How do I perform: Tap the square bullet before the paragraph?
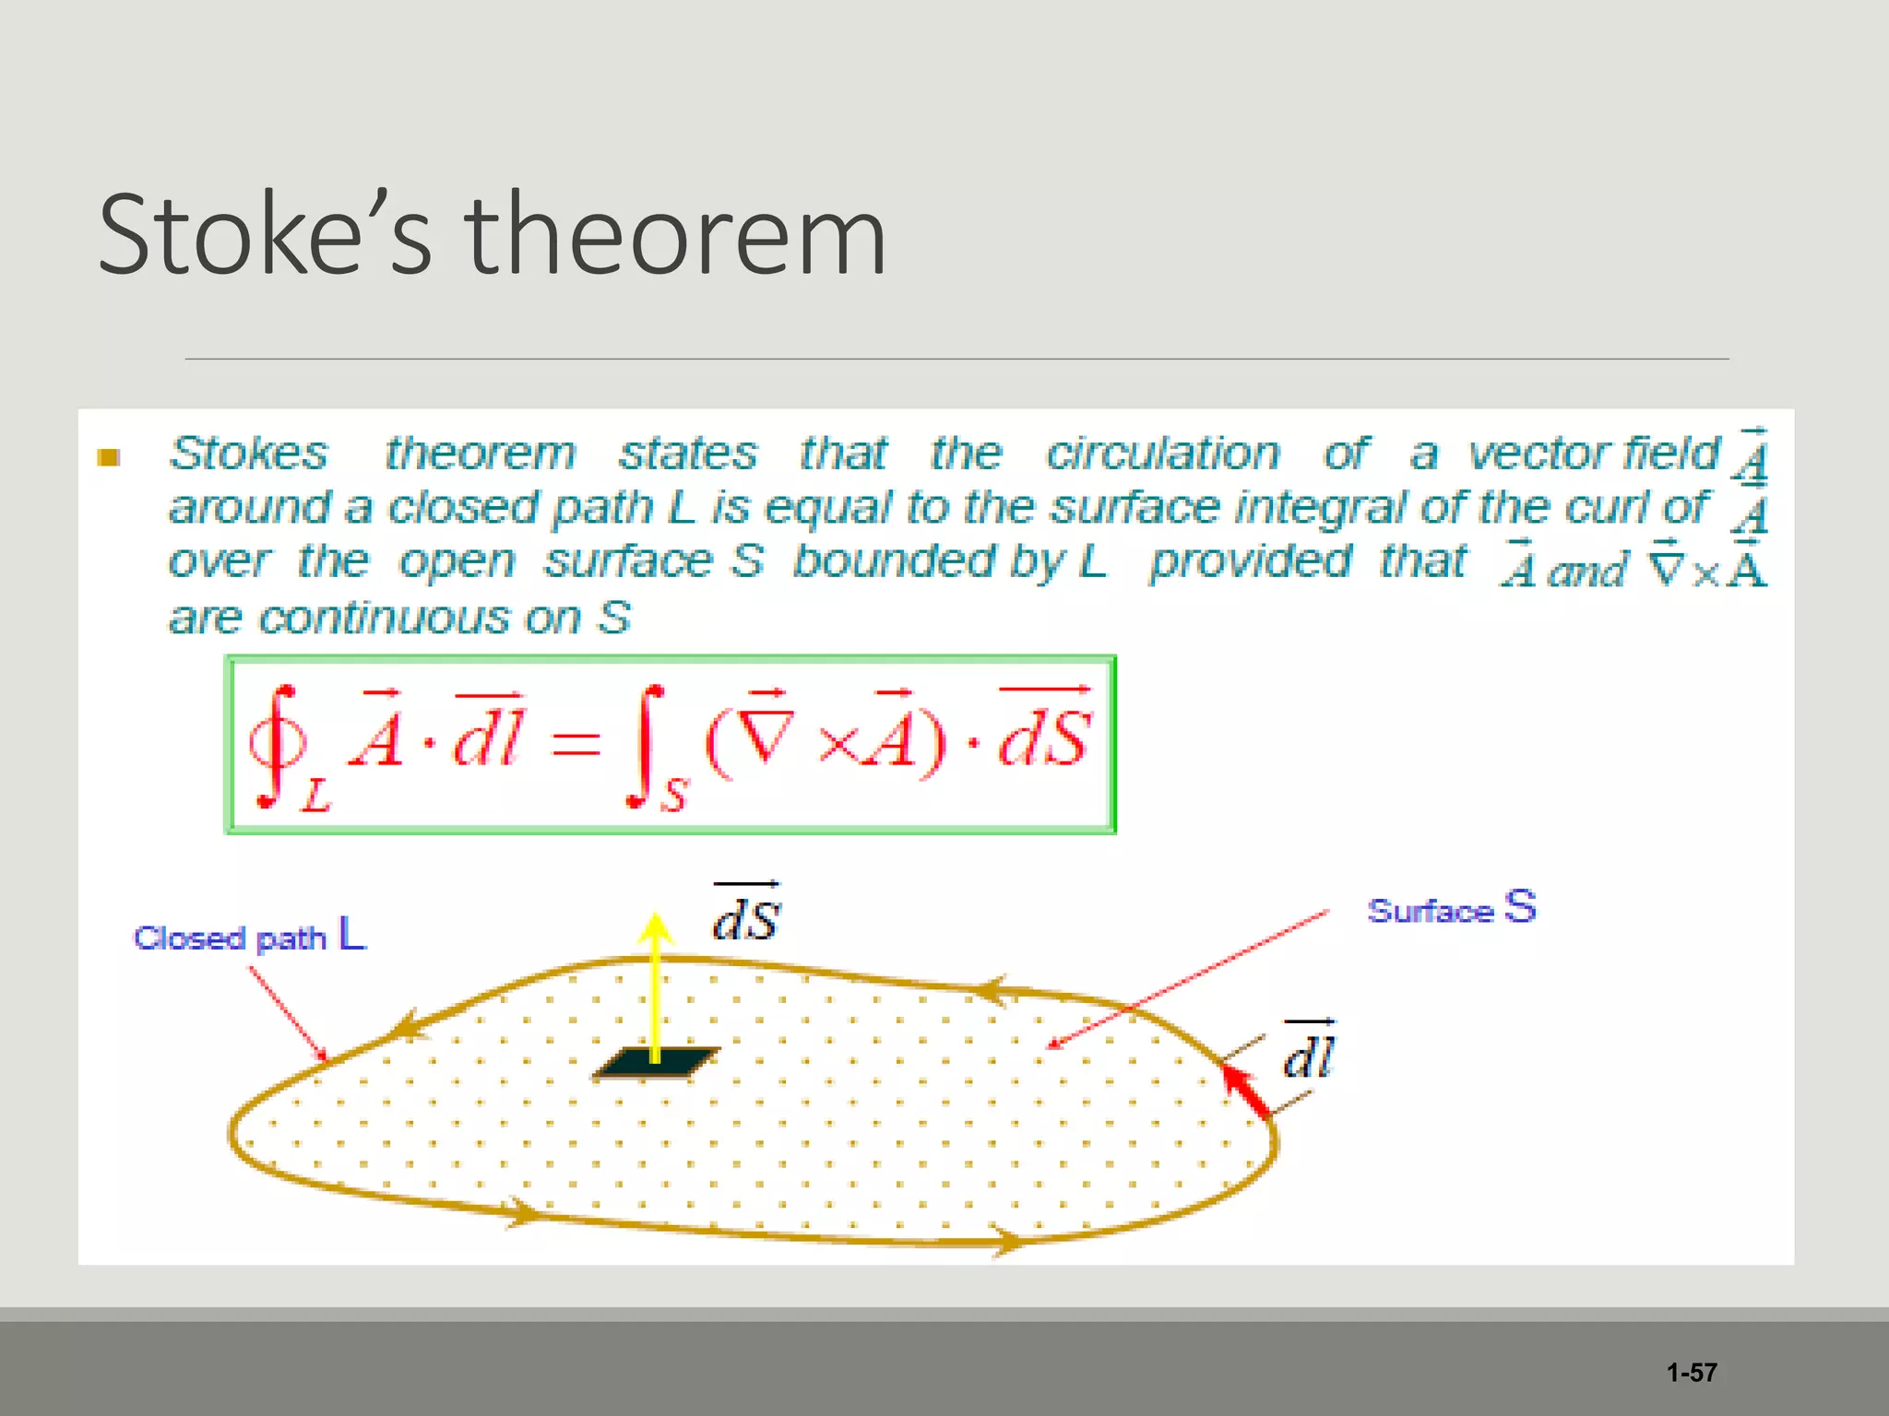(109, 457)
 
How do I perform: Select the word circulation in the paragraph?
(1163, 454)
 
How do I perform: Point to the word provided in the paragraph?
(1251, 561)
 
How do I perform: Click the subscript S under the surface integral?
(674, 794)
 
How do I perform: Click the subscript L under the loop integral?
(315, 796)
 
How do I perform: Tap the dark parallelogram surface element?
(656, 1063)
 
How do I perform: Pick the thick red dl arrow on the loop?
(1247, 1091)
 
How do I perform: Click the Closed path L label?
(249, 936)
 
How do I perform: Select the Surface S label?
(1452, 909)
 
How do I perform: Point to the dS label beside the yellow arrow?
(747, 914)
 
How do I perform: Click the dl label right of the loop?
(1309, 1053)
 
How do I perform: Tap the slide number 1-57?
(1692, 1373)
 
